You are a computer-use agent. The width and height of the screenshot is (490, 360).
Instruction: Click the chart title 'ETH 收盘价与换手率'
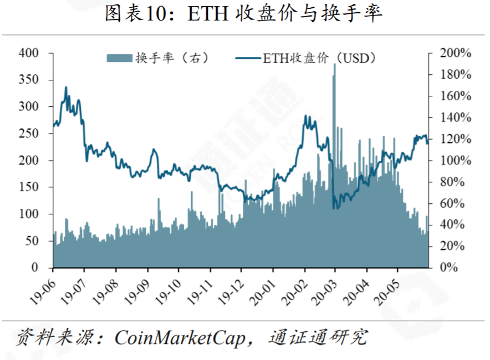(x=244, y=14)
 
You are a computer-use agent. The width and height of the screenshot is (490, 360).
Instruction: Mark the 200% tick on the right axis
(x=455, y=53)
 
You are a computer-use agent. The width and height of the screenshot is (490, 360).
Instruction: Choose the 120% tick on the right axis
(x=455, y=139)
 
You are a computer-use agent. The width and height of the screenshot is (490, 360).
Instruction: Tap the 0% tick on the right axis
(x=450, y=268)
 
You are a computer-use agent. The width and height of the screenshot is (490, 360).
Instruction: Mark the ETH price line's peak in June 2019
(x=66, y=88)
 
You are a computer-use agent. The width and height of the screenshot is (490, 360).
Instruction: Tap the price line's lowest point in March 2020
(x=334, y=208)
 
